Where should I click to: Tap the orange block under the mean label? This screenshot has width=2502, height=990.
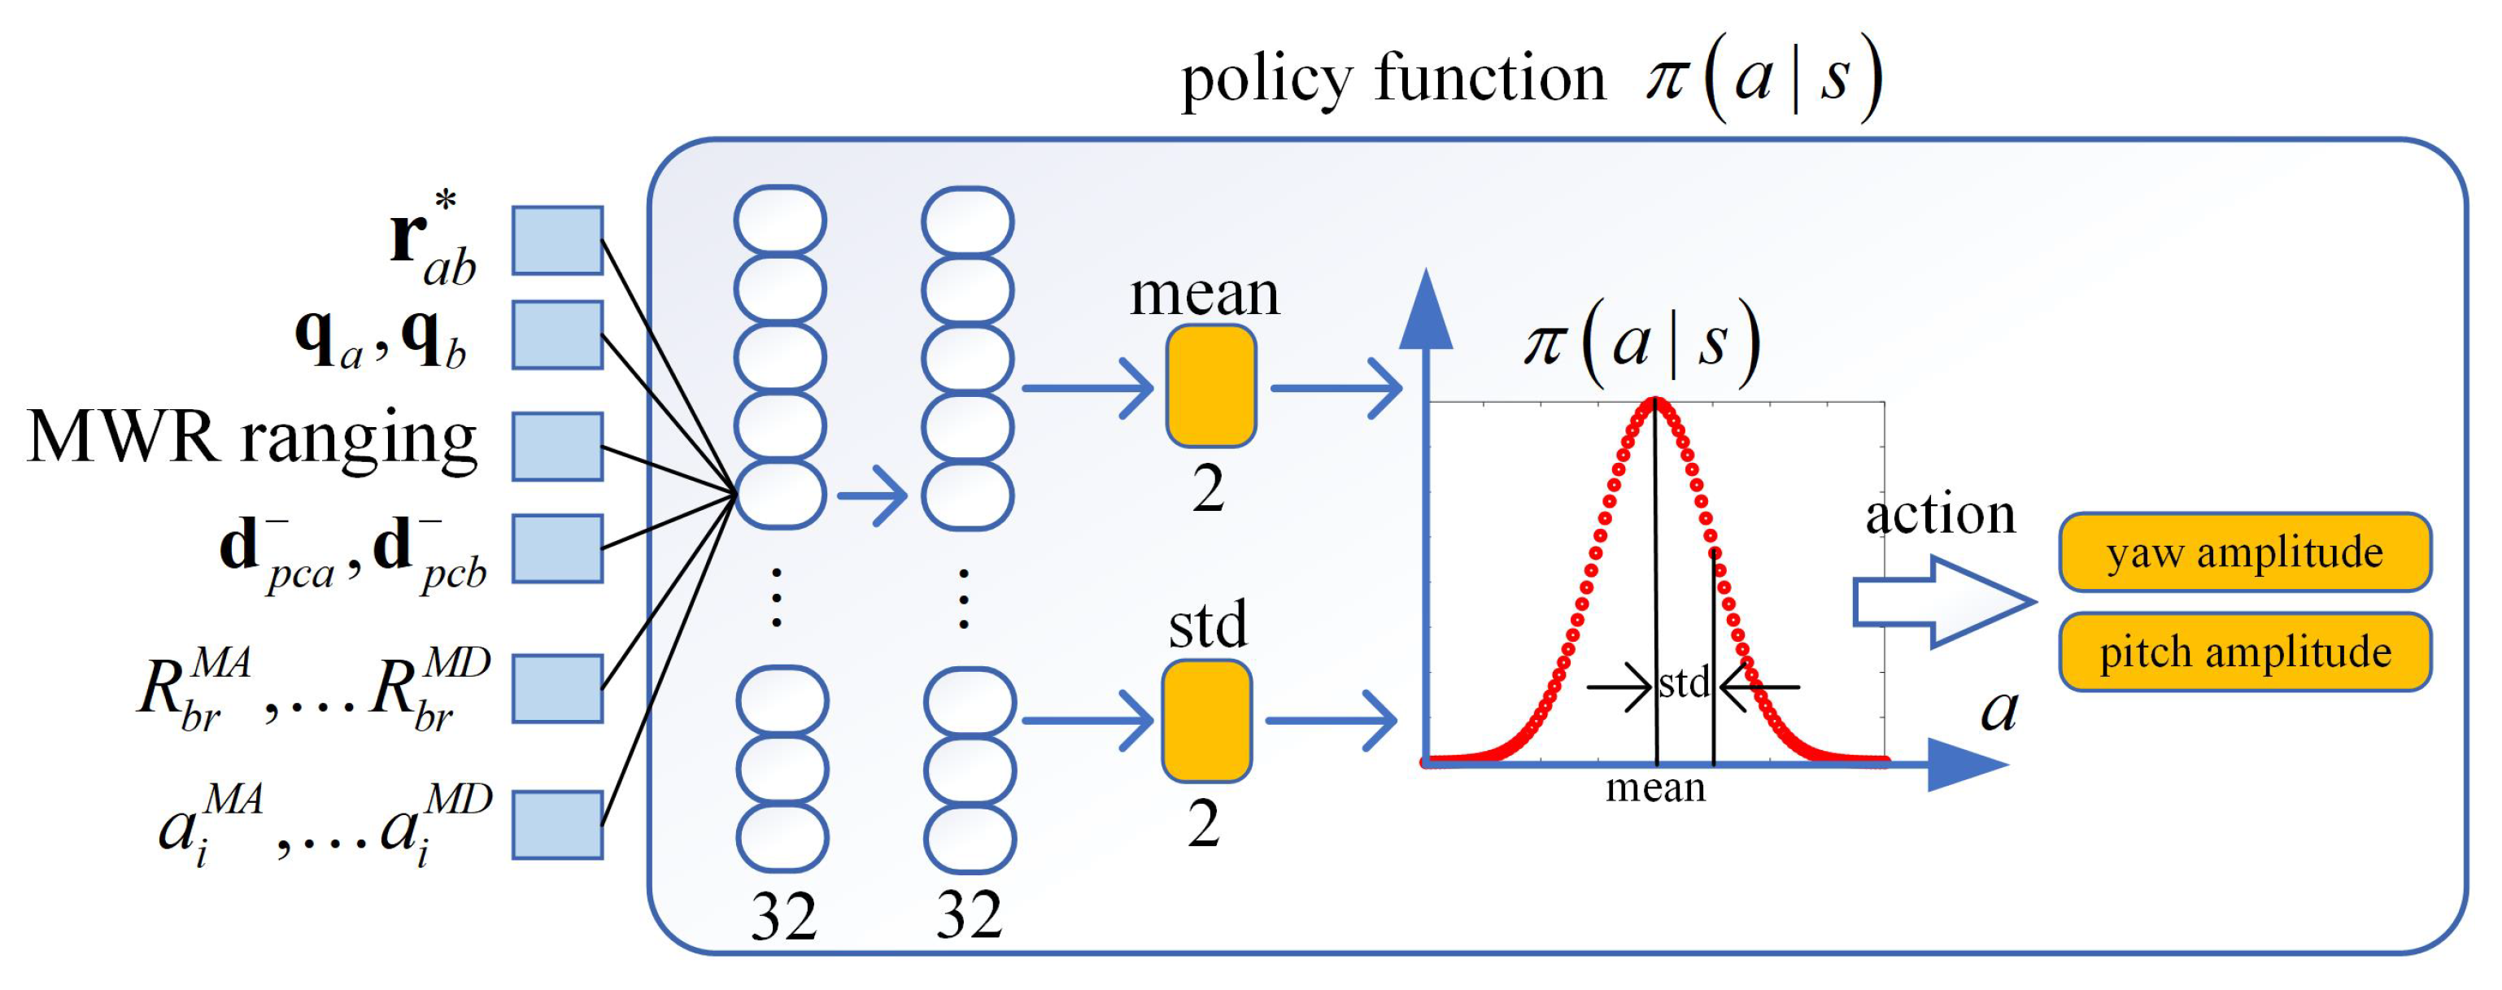click(x=1210, y=386)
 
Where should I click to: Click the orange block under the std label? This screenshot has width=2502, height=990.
click(x=1206, y=721)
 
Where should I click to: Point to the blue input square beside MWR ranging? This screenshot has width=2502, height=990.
click(x=557, y=447)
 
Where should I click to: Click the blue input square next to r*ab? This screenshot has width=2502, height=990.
click(x=557, y=240)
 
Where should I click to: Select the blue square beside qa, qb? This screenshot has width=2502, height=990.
click(x=557, y=335)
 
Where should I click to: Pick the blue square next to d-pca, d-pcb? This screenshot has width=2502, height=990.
click(x=557, y=549)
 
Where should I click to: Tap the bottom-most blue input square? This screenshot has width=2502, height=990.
click(x=557, y=825)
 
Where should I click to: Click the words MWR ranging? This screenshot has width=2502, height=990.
click(x=252, y=439)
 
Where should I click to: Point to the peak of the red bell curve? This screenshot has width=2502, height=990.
click(x=1655, y=400)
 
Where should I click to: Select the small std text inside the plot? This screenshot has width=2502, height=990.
click(x=1683, y=684)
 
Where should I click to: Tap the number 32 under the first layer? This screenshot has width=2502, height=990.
click(x=782, y=916)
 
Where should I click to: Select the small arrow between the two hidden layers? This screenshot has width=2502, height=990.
click(x=871, y=495)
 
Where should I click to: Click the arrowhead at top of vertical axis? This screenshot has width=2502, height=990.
click(x=1425, y=309)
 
